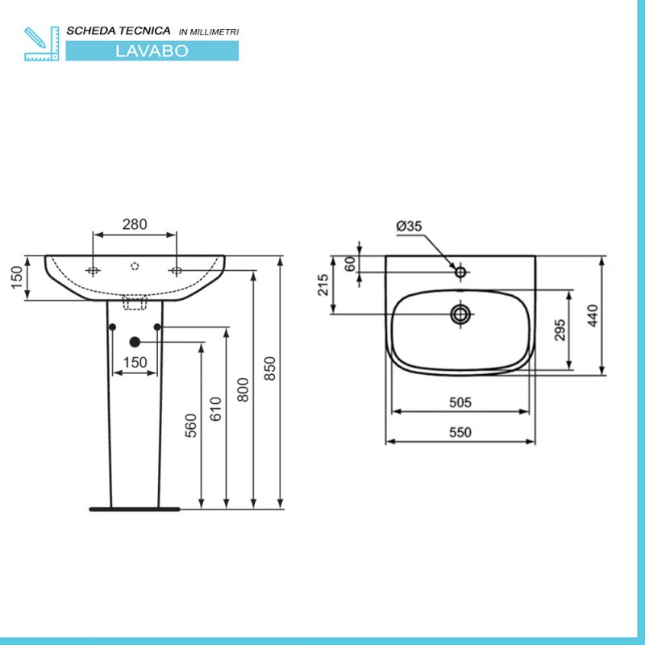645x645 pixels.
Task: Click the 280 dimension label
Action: [135, 224]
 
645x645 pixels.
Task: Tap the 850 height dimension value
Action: [270, 368]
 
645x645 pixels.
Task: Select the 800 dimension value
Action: [243, 389]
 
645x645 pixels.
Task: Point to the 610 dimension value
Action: [215, 409]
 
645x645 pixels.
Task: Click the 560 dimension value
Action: [191, 426]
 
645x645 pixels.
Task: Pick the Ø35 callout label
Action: [409, 226]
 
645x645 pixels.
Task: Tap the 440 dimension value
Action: [593, 315]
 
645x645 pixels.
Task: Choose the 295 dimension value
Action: [560, 330]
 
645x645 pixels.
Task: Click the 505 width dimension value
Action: [460, 402]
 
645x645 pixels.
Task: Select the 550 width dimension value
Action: [460, 432]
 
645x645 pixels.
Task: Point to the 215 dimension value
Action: [323, 285]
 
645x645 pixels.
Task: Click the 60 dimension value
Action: [350, 264]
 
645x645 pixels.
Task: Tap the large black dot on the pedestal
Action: [135, 342]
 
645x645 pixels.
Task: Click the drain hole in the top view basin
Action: [460, 314]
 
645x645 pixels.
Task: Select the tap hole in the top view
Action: [460, 272]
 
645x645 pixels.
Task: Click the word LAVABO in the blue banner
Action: [152, 51]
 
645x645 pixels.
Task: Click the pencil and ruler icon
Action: [42, 44]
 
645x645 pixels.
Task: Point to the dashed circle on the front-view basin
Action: [135, 266]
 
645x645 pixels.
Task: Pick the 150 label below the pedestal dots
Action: [135, 362]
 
